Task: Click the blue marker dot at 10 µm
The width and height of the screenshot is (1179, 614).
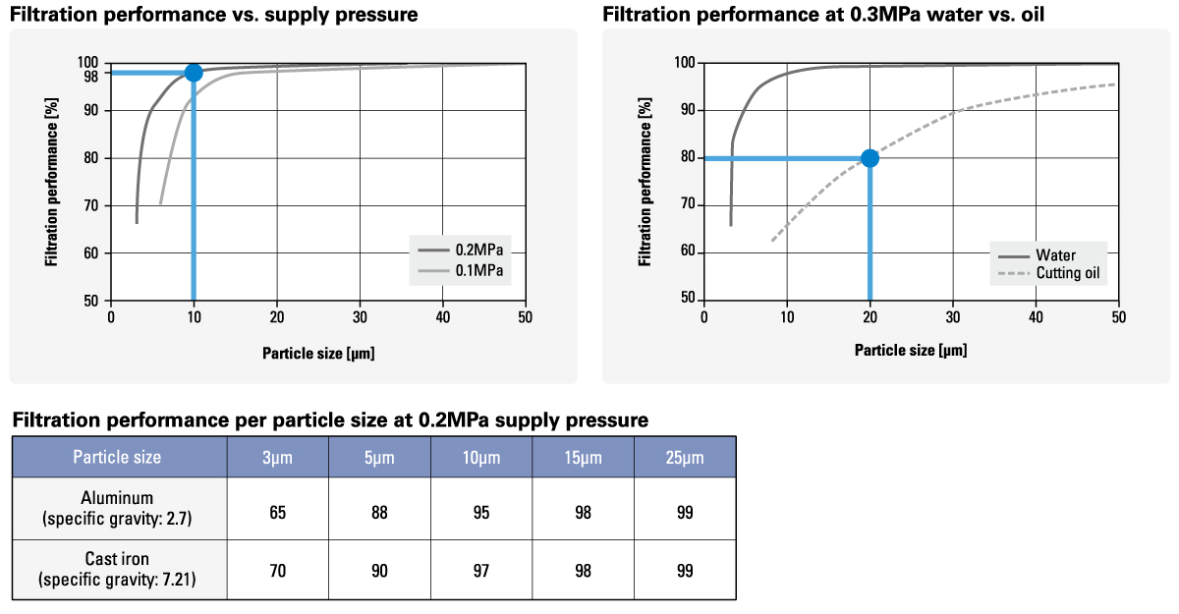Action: (x=194, y=72)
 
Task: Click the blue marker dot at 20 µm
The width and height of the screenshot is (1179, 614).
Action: (x=870, y=158)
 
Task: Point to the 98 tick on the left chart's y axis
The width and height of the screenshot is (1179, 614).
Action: (x=91, y=76)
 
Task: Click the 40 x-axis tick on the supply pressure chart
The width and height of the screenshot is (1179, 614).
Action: (x=443, y=317)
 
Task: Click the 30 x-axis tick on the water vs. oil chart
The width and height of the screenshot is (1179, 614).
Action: (x=953, y=317)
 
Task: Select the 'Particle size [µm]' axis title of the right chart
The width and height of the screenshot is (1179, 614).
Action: (x=911, y=350)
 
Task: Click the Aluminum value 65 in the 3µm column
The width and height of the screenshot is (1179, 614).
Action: (x=278, y=513)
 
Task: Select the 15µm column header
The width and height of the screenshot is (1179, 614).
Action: (x=584, y=457)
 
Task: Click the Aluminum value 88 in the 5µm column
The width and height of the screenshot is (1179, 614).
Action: (x=379, y=513)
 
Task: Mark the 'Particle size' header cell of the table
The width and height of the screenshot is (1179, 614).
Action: (x=118, y=457)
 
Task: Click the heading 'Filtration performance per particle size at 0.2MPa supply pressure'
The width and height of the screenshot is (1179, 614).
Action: (x=330, y=420)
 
